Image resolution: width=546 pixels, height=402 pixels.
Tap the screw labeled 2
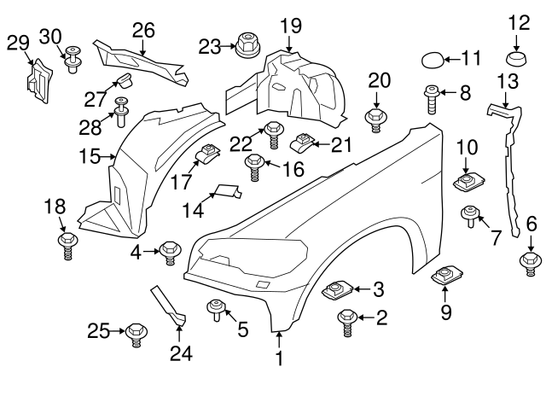(346, 321)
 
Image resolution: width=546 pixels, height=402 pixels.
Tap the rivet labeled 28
(121, 109)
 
